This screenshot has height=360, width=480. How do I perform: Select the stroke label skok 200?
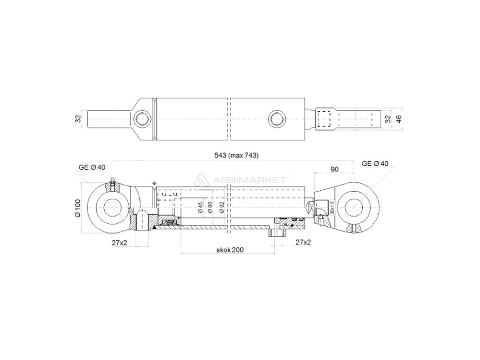(230, 251)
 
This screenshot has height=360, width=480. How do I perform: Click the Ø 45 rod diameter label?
(200, 208)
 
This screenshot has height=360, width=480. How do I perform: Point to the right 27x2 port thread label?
(303, 242)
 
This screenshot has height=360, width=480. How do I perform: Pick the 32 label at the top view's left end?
(78, 118)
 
